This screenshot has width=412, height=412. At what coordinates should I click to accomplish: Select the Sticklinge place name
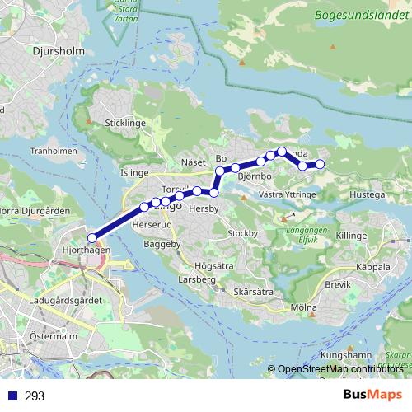pyautogui.click(x=125, y=123)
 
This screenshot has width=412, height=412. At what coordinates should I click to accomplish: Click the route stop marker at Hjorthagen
pyautogui.click(x=91, y=237)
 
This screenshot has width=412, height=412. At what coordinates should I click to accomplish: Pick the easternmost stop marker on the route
pyautogui.click(x=320, y=165)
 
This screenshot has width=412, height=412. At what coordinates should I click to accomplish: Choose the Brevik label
pyautogui.click(x=338, y=284)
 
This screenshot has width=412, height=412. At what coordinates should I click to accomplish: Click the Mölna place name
pyautogui.click(x=304, y=308)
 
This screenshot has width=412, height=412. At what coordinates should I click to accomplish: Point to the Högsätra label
pyautogui.click(x=212, y=266)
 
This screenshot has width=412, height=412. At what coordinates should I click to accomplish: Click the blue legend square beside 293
pyautogui.click(x=11, y=396)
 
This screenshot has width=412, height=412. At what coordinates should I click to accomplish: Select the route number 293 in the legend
pyautogui.click(x=35, y=396)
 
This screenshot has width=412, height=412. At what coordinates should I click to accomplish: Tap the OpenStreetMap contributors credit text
pyautogui.click(x=339, y=368)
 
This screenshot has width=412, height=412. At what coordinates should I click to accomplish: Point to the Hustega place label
pyautogui.click(x=368, y=195)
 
